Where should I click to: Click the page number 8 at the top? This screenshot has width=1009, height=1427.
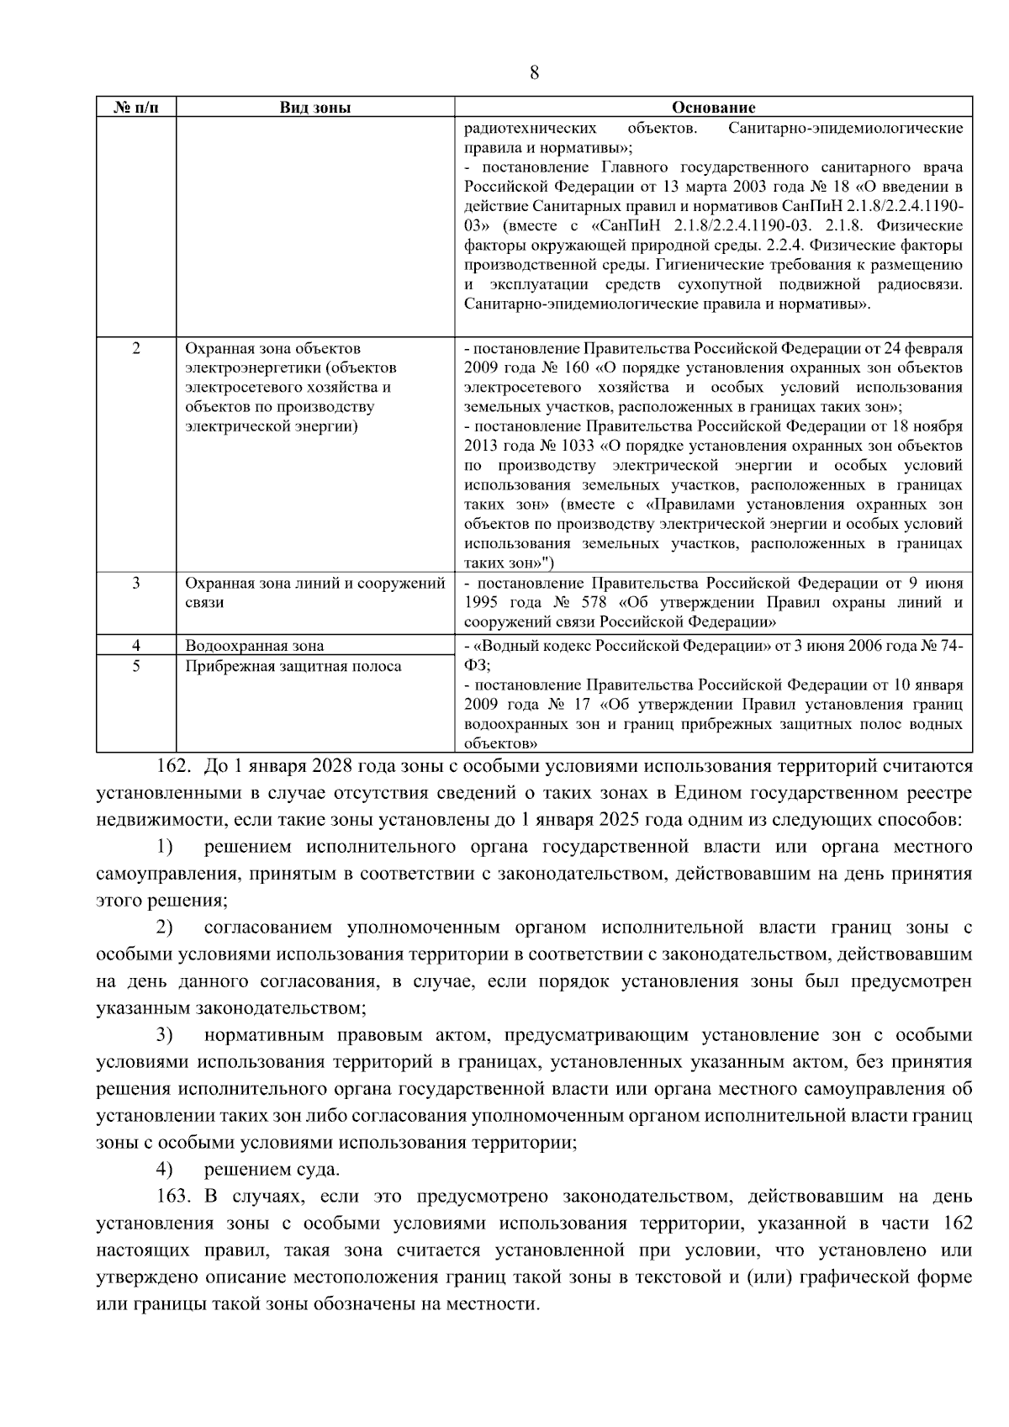click(x=534, y=72)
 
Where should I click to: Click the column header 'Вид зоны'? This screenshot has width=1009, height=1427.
click(x=314, y=108)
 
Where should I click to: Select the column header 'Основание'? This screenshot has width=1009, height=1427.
click(x=713, y=108)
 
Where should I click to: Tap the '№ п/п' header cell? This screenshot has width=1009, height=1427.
click(x=135, y=108)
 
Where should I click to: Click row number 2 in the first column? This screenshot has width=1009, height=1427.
click(x=136, y=348)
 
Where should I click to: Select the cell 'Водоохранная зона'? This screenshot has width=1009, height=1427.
click(x=254, y=646)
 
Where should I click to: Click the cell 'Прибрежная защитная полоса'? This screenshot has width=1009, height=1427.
click(x=293, y=666)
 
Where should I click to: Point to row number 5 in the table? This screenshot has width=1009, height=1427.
click(x=136, y=666)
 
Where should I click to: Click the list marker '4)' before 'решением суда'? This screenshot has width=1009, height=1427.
click(x=164, y=1170)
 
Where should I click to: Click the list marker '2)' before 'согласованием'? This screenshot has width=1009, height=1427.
click(x=164, y=928)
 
